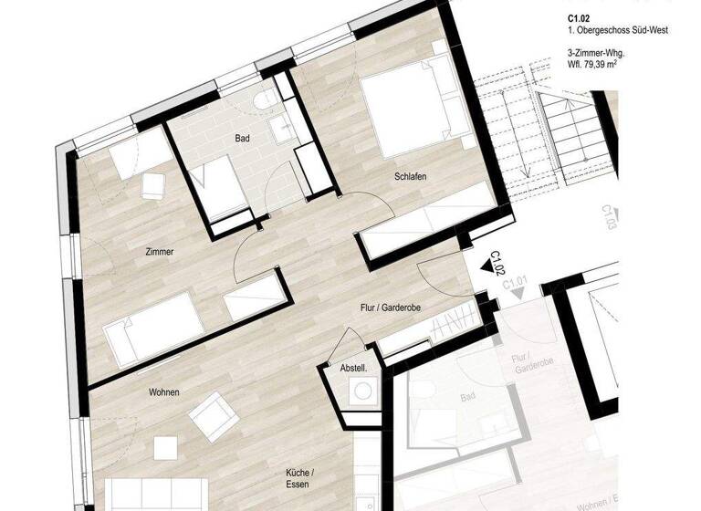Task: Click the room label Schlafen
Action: [x=412, y=176]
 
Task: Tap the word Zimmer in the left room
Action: [x=159, y=251]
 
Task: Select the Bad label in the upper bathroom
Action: [x=242, y=139]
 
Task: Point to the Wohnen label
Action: [x=164, y=392]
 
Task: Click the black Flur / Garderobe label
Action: [x=390, y=308]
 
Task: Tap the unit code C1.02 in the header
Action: [x=579, y=16]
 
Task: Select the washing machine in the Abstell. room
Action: [x=363, y=391]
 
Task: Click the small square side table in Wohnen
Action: [x=165, y=449]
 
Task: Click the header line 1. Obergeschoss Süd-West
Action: [x=618, y=30]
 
